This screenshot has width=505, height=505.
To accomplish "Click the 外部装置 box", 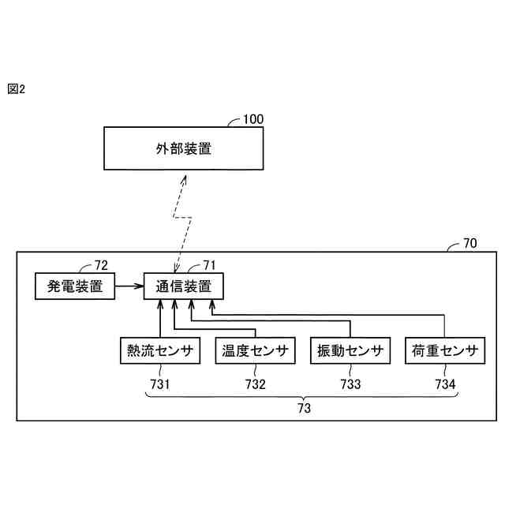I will (x=183, y=148).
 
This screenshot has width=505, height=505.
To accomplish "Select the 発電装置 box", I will (x=75, y=286).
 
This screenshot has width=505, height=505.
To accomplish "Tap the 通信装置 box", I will (x=183, y=286).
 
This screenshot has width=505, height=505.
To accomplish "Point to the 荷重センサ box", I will (x=445, y=350).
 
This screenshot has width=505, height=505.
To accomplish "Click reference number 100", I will (x=253, y=119).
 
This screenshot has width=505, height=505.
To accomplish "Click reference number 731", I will (x=159, y=384).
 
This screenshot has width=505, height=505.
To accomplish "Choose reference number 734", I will (x=445, y=384).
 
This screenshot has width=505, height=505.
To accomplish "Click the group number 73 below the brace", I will (x=304, y=409).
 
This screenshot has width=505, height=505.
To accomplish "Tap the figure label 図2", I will (x=17, y=89).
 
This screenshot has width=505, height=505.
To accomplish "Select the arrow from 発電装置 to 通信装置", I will (x=129, y=286).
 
